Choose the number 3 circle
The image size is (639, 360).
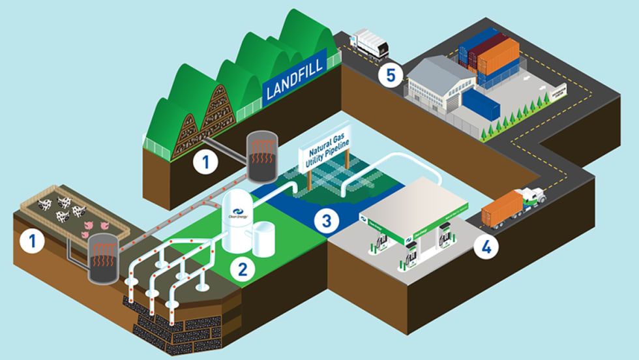point(327,220)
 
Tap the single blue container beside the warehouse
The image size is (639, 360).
point(482,105)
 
